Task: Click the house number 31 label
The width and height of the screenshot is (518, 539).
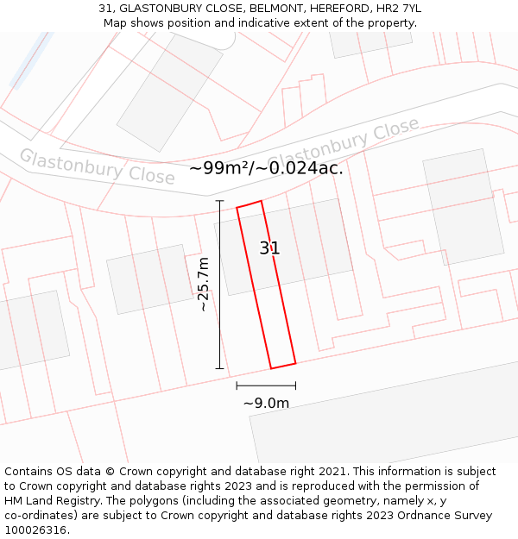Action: pyautogui.click(x=269, y=248)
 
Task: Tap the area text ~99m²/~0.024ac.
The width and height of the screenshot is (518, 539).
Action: pyautogui.click(x=266, y=168)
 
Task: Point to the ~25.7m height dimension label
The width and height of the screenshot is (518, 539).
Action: pyautogui.click(x=204, y=285)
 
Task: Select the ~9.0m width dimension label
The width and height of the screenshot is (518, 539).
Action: pyautogui.click(x=266, y=403)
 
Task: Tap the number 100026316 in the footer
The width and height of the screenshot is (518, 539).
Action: pyautogui.click(x=35, y=530)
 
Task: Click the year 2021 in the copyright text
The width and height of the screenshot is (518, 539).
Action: pyautogui.click(x=332, y=472)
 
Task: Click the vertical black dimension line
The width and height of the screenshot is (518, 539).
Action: pyautogui.click(x=219, y=285)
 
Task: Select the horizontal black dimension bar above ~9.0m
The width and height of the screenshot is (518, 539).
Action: pyautogui.click(x=266, y=386)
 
